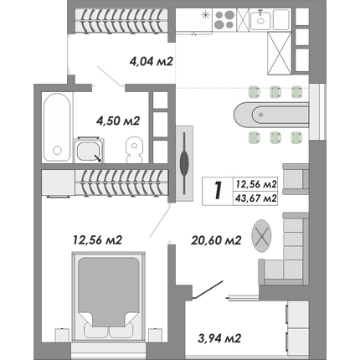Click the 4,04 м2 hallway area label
[152, 61]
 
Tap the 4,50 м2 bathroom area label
[117, 121]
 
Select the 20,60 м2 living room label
[216, 240]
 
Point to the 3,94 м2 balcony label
[219, 338]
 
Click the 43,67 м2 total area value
[256, 198]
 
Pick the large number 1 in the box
[218, 191]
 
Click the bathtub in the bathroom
[57, 127]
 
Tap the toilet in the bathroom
[134, 149]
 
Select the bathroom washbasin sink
[89, 150]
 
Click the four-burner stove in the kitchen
[224, 19]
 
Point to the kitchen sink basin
[260, 18]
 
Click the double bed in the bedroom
[108, 296]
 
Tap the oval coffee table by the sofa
[261, 236]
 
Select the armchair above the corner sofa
[296, 179]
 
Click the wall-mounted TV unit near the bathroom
[184, 163]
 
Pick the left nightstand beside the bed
[62, 335]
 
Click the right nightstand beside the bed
[156, 335]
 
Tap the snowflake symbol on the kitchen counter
[206, 14]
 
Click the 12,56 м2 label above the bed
[97, 240]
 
